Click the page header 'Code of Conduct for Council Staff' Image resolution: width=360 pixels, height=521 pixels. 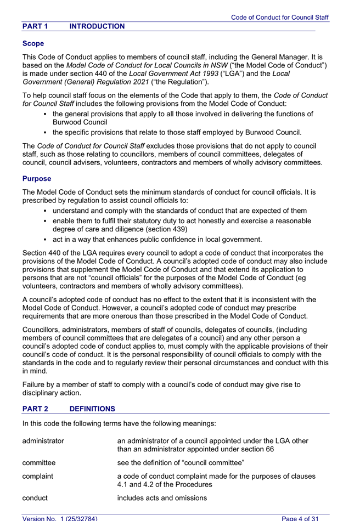[279, 18]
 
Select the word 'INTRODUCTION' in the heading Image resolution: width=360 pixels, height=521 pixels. [97, 26]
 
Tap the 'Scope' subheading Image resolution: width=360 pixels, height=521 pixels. [33, 43]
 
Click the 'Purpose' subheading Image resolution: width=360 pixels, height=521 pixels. [37, 179]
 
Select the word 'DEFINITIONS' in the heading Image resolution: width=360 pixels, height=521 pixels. [92, 409]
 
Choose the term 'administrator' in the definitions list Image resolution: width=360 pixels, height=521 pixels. [43, 441]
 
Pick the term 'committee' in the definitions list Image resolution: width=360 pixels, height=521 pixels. [39, 462]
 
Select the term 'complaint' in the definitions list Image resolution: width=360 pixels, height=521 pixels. [38, 477]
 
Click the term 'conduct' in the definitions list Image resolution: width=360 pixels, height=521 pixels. [35, 498]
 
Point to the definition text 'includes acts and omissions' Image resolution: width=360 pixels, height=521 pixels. [162, 498]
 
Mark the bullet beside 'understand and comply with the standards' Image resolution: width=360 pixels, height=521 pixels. [44, 211]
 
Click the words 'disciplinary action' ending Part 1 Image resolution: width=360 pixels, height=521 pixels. [52, 393]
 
